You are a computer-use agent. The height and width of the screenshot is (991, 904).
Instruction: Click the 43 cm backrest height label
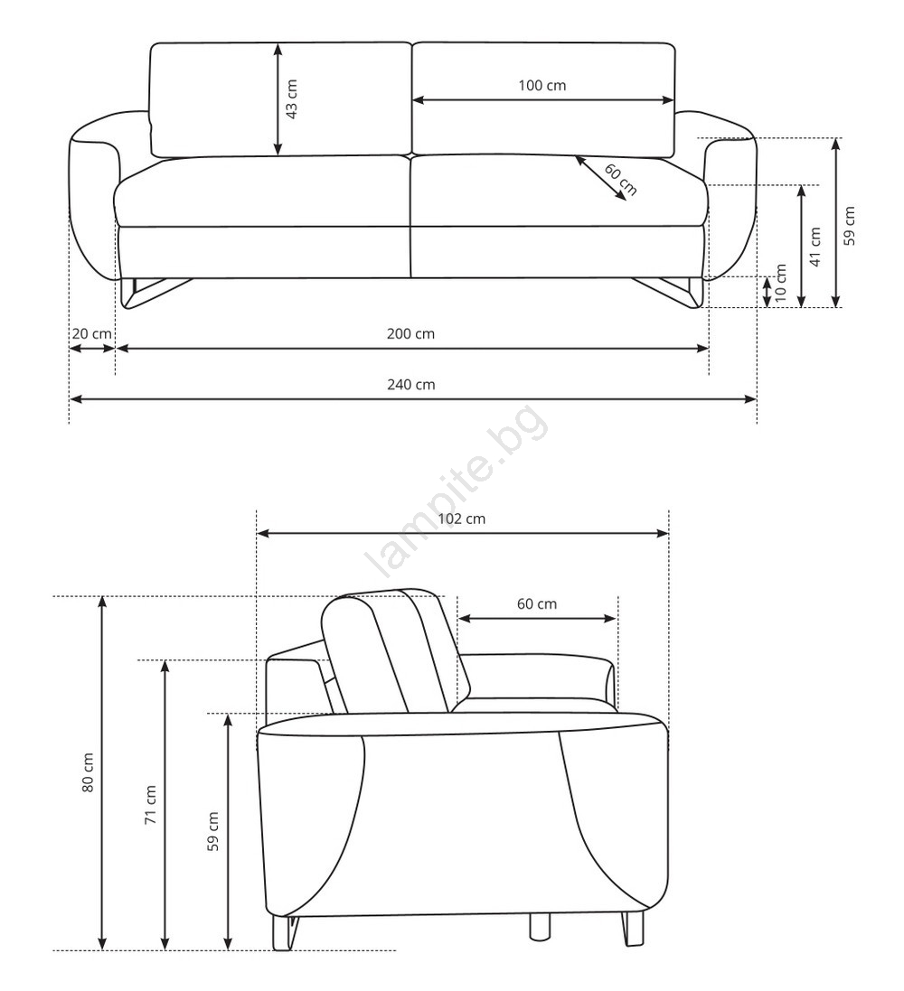tap(292, 99)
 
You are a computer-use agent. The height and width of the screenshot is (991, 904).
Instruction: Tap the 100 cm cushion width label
tap(542, 85)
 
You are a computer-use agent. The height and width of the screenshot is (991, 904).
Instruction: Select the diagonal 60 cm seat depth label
tap(620, 180)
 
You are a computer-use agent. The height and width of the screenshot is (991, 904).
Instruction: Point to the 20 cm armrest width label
tap(91, 333)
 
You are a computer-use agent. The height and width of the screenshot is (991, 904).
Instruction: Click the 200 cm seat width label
tap(410, 333)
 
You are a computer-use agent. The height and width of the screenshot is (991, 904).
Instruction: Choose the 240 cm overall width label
tap(411, 384)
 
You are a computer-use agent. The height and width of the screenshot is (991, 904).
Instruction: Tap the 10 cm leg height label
tap(781, 283)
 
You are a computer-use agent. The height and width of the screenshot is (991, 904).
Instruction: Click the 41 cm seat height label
tap(815, 248)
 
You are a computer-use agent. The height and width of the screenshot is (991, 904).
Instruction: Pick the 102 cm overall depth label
tap(462, 519)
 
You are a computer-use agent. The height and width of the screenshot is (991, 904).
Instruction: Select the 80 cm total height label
tap(88, 772)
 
